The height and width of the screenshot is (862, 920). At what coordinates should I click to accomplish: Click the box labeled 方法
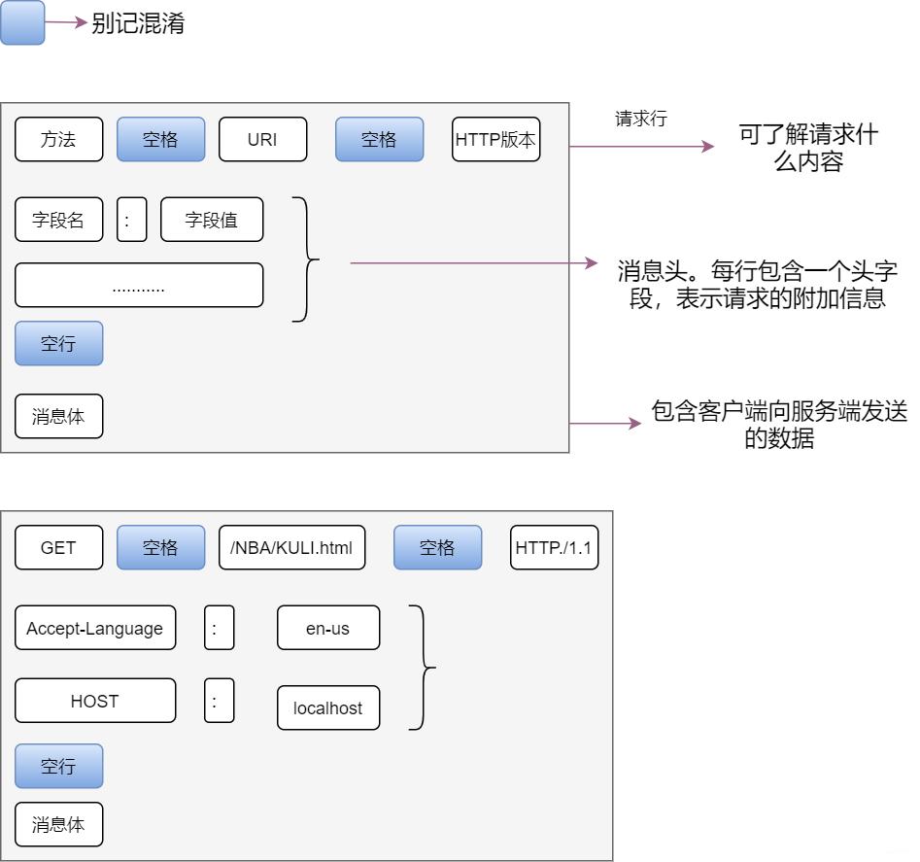click(58, 140)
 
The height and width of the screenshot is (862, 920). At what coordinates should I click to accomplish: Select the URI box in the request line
click(262, 140)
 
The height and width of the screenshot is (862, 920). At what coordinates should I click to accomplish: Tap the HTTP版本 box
click(495, 140)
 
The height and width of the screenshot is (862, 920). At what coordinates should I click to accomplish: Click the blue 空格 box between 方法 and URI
click(160, 140)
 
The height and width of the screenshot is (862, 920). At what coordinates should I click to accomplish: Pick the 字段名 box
click(58, 220)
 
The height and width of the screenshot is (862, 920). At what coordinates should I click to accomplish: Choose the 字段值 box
click(212, 220)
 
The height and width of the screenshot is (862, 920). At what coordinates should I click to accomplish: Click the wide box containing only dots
click(139, 286)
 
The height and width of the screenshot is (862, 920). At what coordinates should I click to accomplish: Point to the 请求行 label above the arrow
click(641, 119)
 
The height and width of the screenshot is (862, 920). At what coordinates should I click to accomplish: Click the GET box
click(58, 548)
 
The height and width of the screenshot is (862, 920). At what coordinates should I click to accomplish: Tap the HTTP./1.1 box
click(555, 548)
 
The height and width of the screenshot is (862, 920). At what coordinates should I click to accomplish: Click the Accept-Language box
click(95, 629)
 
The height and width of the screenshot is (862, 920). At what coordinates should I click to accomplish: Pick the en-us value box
click(328, 629)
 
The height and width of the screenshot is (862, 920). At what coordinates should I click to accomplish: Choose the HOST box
click(95, 701)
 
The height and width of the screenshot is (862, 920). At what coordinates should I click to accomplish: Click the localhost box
click(328, 708)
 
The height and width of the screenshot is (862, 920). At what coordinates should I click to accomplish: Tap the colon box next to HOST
click(219, 701)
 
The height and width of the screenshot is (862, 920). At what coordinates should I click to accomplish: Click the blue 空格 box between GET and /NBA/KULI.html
click(160, 548)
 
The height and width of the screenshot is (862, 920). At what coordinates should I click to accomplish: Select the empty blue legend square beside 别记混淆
click(22, 23)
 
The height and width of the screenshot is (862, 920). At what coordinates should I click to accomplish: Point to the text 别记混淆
click(138, 24)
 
